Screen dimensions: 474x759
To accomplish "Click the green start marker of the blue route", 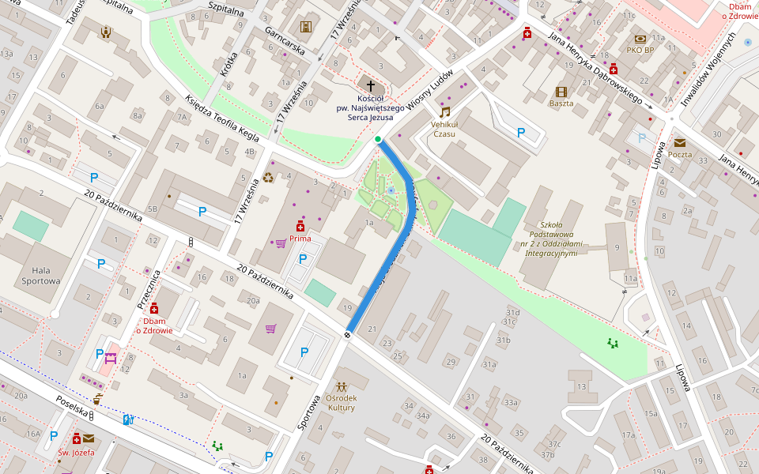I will (379, 140).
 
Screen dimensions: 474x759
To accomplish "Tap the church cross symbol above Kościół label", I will (370, 85).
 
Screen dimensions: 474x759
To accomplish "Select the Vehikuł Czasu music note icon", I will (444, 112).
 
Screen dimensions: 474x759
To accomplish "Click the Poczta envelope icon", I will (679, 143).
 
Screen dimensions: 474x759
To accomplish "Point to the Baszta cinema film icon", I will (561, 92).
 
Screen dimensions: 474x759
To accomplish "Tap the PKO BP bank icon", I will (640, 39).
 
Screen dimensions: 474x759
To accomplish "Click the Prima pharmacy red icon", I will (300, 225).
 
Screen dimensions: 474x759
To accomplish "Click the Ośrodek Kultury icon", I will (341, 387).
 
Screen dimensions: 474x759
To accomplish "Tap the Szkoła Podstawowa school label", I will (551, 239).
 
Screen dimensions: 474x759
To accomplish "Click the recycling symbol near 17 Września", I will (268, 178).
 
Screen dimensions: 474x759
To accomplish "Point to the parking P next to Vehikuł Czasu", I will (521, 133).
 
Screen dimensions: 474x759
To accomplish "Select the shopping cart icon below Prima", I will (280, 243).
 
